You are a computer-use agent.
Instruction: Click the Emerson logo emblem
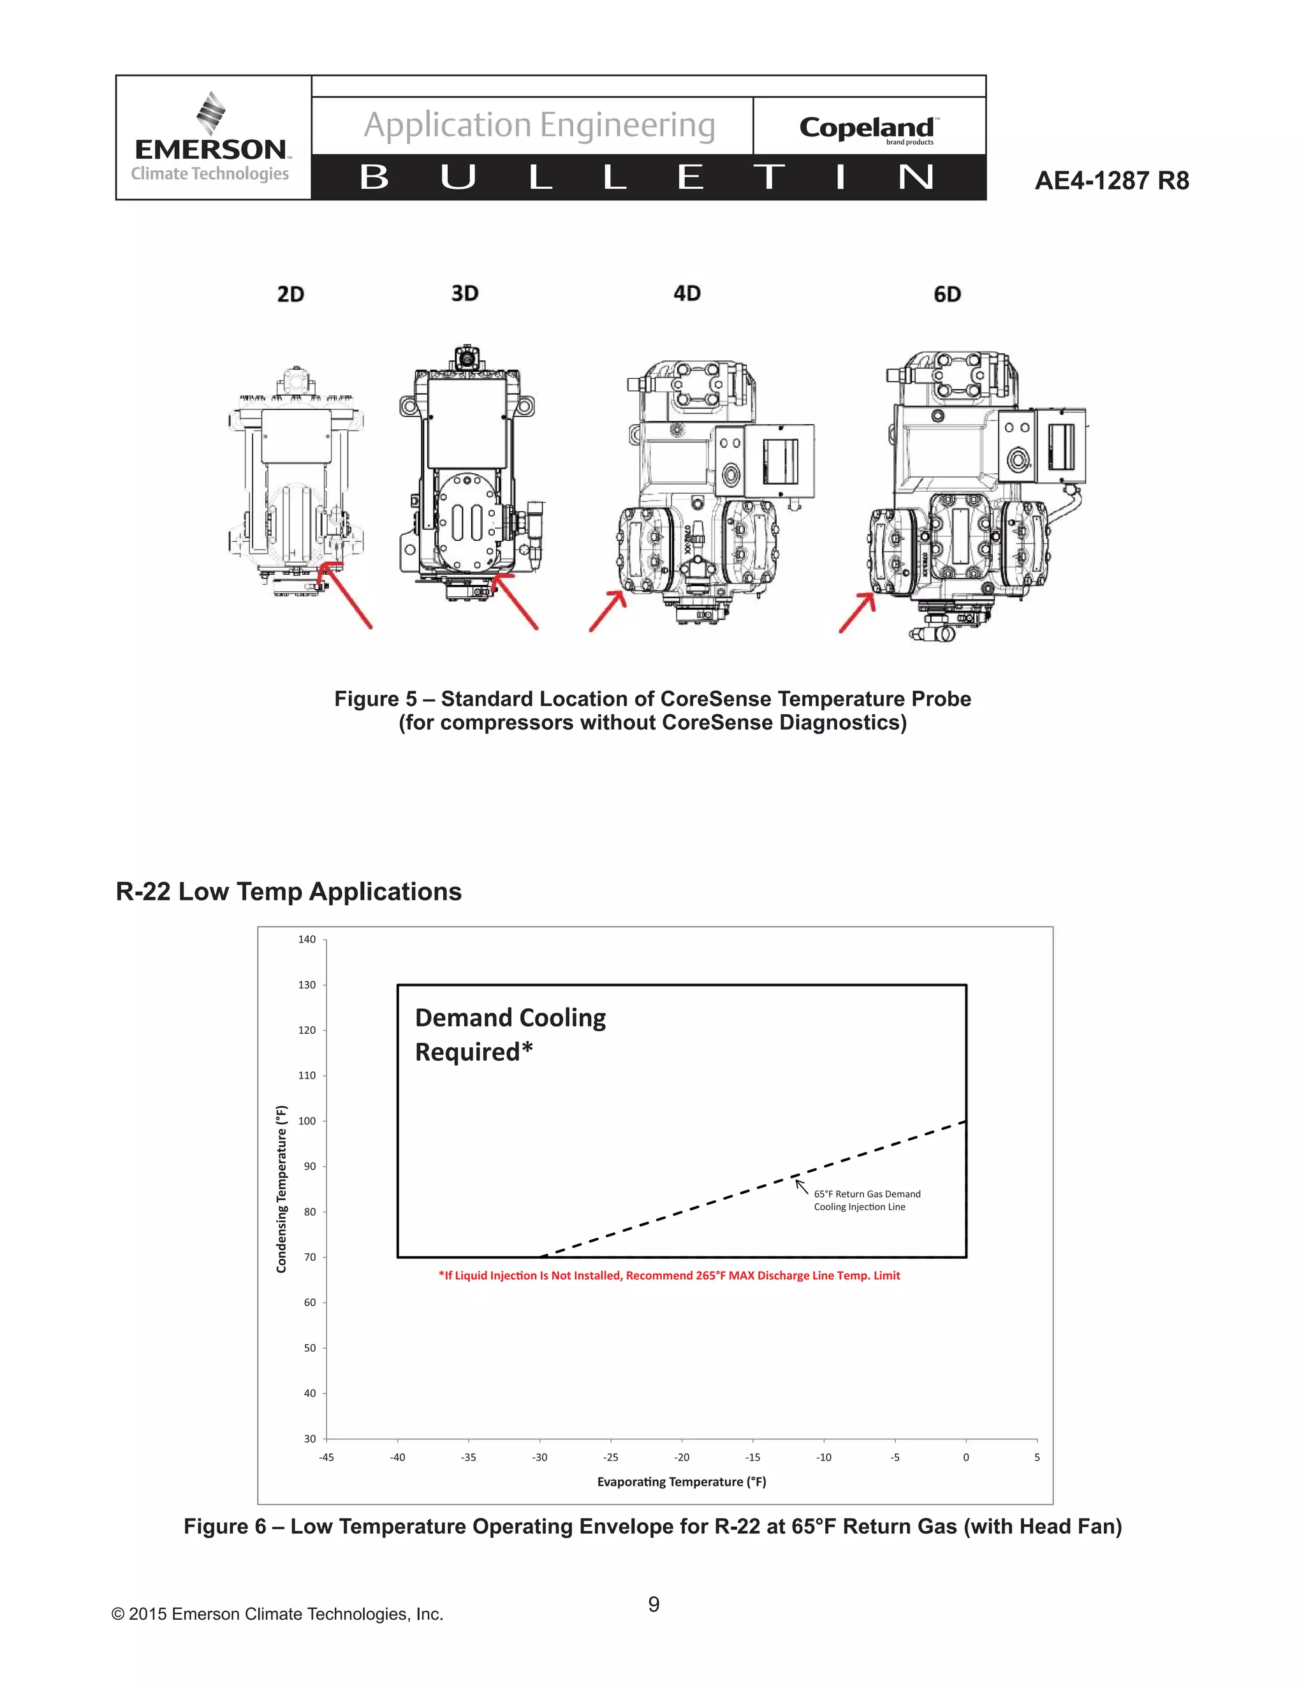[x=210, y=113]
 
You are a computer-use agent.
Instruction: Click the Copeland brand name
[x=867, y=128]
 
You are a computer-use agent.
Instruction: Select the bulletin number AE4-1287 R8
[x=1111, y=180]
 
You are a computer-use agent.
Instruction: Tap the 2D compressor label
[x=291, y=294]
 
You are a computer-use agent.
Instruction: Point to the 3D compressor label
[x=465, y=293]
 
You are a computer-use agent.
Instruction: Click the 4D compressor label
[x=687, y=293]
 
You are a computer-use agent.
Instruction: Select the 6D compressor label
[x=947, y=294]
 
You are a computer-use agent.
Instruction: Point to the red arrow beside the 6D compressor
[x=857, y=613]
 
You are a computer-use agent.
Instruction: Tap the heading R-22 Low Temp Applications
[x=289, y=892]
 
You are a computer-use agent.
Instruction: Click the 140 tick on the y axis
[x=307, y=939]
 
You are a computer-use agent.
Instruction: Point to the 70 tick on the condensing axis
[x=309, y=1258]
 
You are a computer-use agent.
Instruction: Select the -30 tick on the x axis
[x=539, y=1458]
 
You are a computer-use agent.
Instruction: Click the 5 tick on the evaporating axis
[x=1037, y=1458]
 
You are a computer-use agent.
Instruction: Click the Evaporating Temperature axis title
[x=681, y=1482]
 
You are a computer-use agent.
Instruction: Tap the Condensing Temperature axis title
[x=282, y=1189]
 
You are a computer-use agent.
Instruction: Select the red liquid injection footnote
[x=669, y=1276]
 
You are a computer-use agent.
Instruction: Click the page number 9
[x=654, y=1605]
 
